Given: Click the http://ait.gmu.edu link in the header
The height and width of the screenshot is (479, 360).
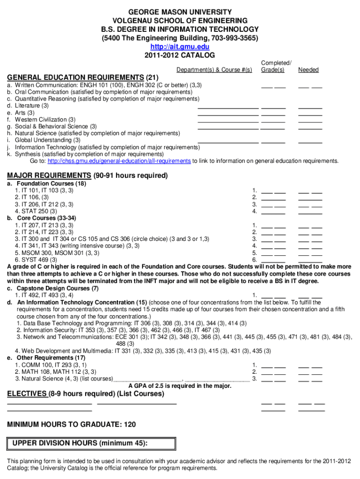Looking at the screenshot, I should (180, 47).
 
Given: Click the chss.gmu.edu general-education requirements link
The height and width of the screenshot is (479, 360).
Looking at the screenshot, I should (119, 161).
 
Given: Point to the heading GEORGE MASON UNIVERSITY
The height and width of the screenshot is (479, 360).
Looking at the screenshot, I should (180, 11).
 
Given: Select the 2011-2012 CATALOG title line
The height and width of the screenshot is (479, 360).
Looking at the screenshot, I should (180, 55).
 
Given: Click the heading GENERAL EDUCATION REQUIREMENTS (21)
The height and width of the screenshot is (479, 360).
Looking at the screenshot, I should (83, 77).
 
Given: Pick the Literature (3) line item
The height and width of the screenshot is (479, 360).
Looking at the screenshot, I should (32, 106).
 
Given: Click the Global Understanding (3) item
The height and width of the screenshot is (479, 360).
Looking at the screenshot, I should (47, 140).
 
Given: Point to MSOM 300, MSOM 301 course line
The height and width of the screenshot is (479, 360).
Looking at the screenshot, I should (57, 253).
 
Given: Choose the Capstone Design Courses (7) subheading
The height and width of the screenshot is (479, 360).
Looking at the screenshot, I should (58, 288).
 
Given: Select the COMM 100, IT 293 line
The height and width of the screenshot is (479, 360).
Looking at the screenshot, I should (50, 365).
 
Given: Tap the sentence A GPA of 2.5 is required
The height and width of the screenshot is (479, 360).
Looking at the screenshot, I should (180, 386).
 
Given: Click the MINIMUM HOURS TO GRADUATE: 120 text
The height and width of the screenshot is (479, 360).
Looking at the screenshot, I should (72, 424).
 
